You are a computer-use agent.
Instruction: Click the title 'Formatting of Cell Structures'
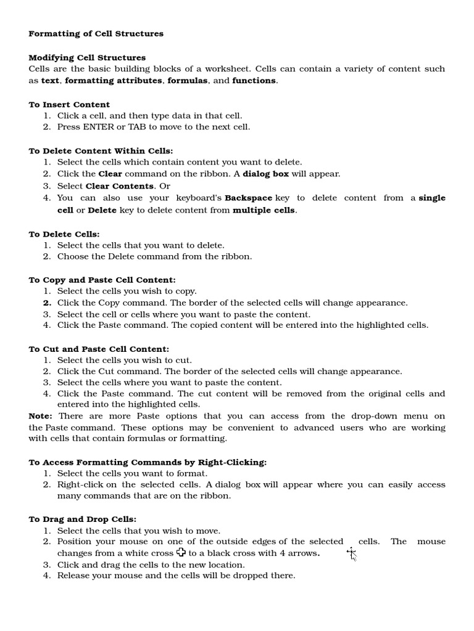96,34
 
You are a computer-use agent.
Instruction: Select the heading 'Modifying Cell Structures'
87,57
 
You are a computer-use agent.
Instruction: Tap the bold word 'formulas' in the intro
187,81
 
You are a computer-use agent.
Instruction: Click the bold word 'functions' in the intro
254,81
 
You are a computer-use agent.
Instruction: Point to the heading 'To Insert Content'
69,104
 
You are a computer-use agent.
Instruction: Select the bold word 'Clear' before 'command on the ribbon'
110,174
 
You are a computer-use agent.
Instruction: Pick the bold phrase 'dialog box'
265,174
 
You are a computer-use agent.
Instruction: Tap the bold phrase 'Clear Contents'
119,185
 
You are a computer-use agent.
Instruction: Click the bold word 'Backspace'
248,198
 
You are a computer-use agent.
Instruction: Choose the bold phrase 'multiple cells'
264,210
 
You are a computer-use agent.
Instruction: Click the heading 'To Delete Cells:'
64,234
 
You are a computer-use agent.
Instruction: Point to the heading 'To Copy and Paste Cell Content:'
102,280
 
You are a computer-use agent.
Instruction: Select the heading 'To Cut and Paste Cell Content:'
99,349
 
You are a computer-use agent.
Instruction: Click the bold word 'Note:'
41,416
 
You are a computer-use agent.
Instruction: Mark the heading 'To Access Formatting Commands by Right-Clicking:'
148,462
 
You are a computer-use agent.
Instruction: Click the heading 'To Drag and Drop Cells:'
82,519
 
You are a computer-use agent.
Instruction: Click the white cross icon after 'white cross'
181,552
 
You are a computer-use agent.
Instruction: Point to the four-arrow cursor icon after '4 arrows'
351,553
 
